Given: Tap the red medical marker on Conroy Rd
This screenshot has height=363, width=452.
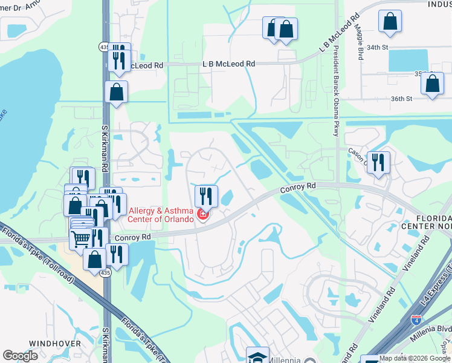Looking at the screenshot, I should (202, 215).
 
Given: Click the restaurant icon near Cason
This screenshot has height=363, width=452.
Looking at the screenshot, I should (378, 162).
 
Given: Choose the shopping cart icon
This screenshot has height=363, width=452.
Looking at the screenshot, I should (80, 239).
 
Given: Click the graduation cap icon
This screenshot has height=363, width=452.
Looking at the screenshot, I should (257, 357).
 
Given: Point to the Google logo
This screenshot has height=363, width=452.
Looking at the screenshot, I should (21, 356).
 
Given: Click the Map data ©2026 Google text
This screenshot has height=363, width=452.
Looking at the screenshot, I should (415, 358).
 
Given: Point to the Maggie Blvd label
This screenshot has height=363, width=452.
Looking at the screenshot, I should (360, 45).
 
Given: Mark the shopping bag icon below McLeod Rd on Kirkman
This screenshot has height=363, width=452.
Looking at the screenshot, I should (116, 92).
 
